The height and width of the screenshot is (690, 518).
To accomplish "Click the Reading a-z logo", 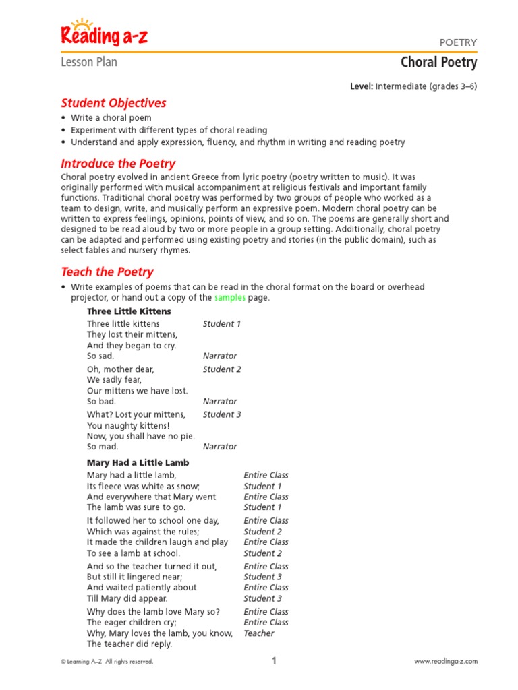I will coord(104,34).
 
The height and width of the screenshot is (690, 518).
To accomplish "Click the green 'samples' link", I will coord(230,298).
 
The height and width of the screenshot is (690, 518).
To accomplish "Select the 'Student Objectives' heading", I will coord(113,103).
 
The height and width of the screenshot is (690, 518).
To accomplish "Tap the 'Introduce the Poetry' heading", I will coord(118,164).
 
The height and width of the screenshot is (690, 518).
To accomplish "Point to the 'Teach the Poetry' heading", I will coord(107,272).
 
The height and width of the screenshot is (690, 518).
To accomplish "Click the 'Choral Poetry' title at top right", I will coord(438,63).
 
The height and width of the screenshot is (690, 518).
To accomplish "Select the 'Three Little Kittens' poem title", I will coord(129,311).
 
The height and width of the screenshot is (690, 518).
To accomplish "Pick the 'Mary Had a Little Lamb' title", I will coord(138,463).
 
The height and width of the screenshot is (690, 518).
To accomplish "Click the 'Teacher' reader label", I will coord(259,633).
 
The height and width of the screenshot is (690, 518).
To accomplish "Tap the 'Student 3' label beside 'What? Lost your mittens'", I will coord(222,414).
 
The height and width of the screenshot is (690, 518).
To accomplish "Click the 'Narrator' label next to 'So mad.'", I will coord(220,447).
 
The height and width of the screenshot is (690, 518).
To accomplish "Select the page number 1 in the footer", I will coord(275,661).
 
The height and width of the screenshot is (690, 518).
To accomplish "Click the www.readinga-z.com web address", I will coord(446,662).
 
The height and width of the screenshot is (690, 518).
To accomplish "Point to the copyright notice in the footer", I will coord(107,662).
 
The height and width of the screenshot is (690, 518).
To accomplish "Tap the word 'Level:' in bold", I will coord(362,86).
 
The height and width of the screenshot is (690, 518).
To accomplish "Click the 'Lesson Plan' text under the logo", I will coord(89,63).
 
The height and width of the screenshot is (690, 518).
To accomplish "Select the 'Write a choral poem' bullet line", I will coord(111,118).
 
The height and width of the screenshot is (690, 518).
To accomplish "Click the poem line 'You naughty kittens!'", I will coord(128,425).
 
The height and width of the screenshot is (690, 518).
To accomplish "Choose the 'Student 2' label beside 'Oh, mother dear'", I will coord(222,369).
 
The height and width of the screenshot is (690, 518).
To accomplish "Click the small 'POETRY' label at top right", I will coord(458,42).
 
